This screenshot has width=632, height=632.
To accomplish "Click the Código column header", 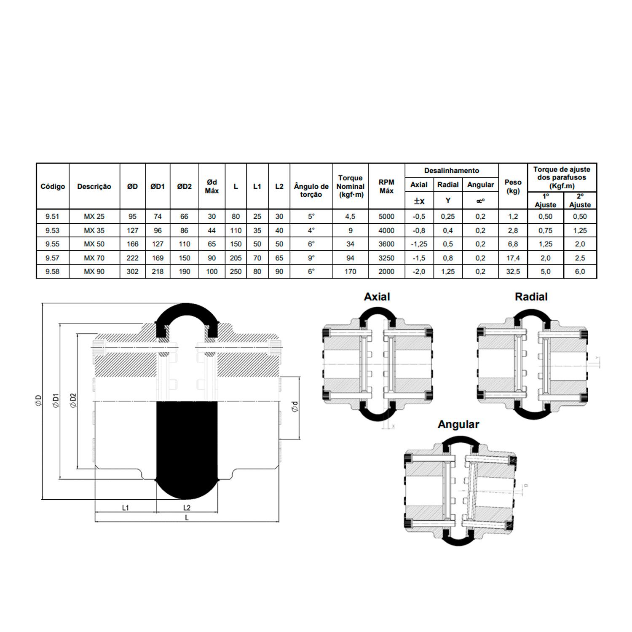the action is pos(53,186).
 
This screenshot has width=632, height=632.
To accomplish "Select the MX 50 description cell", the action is pos(94,244).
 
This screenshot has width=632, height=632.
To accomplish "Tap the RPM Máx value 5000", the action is pos(386,217).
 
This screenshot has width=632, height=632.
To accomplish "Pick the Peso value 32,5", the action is pos(513,272).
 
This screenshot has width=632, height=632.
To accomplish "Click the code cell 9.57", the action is pos(53,258).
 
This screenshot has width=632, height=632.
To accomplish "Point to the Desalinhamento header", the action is pos(452,171).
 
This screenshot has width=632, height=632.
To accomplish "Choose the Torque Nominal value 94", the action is pos(350,258).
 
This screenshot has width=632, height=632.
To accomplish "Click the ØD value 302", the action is pos(132,272).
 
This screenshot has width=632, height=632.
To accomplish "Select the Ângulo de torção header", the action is pos(311,190).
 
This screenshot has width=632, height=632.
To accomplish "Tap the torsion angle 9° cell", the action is pos(311,258).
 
